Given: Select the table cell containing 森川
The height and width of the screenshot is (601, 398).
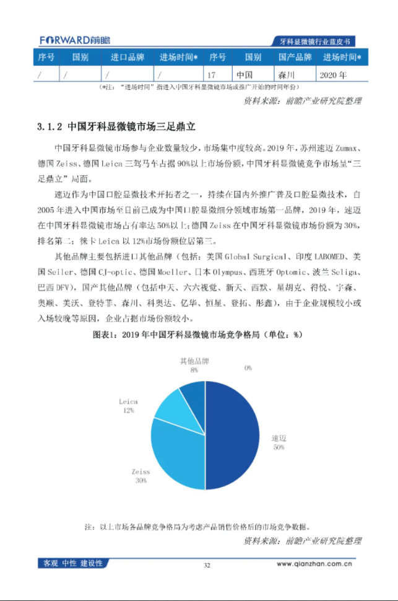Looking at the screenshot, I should (x=293, y=76).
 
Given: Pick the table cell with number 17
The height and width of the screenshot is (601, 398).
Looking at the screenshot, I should (x=218, y=76).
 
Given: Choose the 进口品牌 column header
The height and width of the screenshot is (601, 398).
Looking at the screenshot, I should (x=128, y=58).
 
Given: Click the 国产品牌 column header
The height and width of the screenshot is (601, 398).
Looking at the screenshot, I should (x=294, y=58).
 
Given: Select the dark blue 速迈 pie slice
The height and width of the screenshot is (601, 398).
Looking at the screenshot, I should (x=232, y=434).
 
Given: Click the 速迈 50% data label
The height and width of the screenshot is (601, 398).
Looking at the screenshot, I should (x=279, y=442).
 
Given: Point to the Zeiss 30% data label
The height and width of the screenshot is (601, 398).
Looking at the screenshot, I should (x=141, y=475).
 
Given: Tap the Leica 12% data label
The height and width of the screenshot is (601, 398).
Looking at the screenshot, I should (x=128, y=406).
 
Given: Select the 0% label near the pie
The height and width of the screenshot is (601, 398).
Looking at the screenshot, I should (x=248, y=368).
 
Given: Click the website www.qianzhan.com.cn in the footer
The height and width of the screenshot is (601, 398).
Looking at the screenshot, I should (x=314, y=564).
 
